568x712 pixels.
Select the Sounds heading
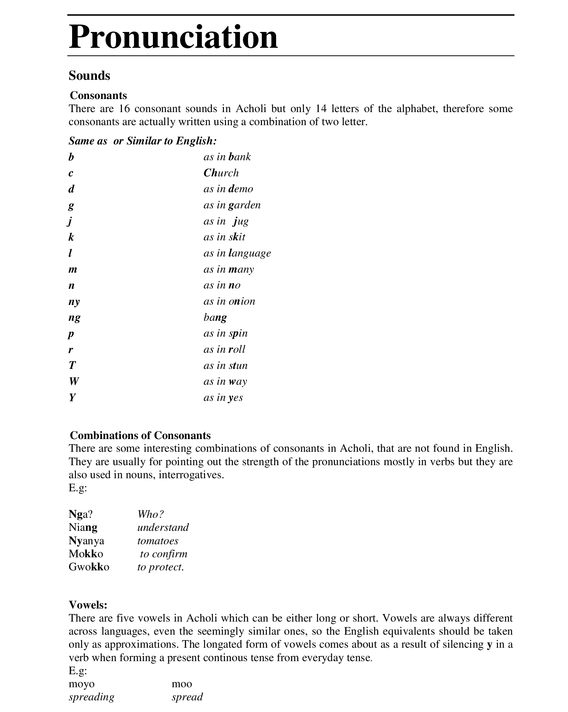pyautogui.click(x=89, y=76)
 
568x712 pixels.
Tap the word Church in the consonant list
pyautogui.click(x=221, y=173)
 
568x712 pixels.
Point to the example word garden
pyautogui.click(x=244, y=205)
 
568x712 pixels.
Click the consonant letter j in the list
pyautogui.click(x=70, y=221)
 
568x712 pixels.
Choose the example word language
pyautogui.click(x=250, y=253)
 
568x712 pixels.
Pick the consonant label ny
pyautogui.click(x=74, y=302)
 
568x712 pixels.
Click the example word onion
pyautogui.click(x=242, y=302)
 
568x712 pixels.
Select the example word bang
pyautogui.click(x=215, y=317)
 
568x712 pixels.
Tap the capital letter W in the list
pyautogui.click(x=73, y=382)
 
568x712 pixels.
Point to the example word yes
pyautogui.click(x=235, y=398)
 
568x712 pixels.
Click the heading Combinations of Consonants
pyautogui.click(x=140, y=435)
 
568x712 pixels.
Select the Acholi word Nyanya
pyautogui.click(x=86, y=541)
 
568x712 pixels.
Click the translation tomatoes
pyautogui.click(x=158, y=541)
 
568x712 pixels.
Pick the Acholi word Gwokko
pyautogui.click(x=89, y=567)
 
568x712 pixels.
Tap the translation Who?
pyautogui.click(x=150, y=514)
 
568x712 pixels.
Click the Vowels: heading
pyautogui.click(x=88, y=604)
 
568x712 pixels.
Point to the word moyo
pyautogui.click(x=81, y=684)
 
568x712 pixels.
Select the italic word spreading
pyautogui.click(x=91, y=697)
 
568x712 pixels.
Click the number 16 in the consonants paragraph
pyautogui.click(x=123, y=109)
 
